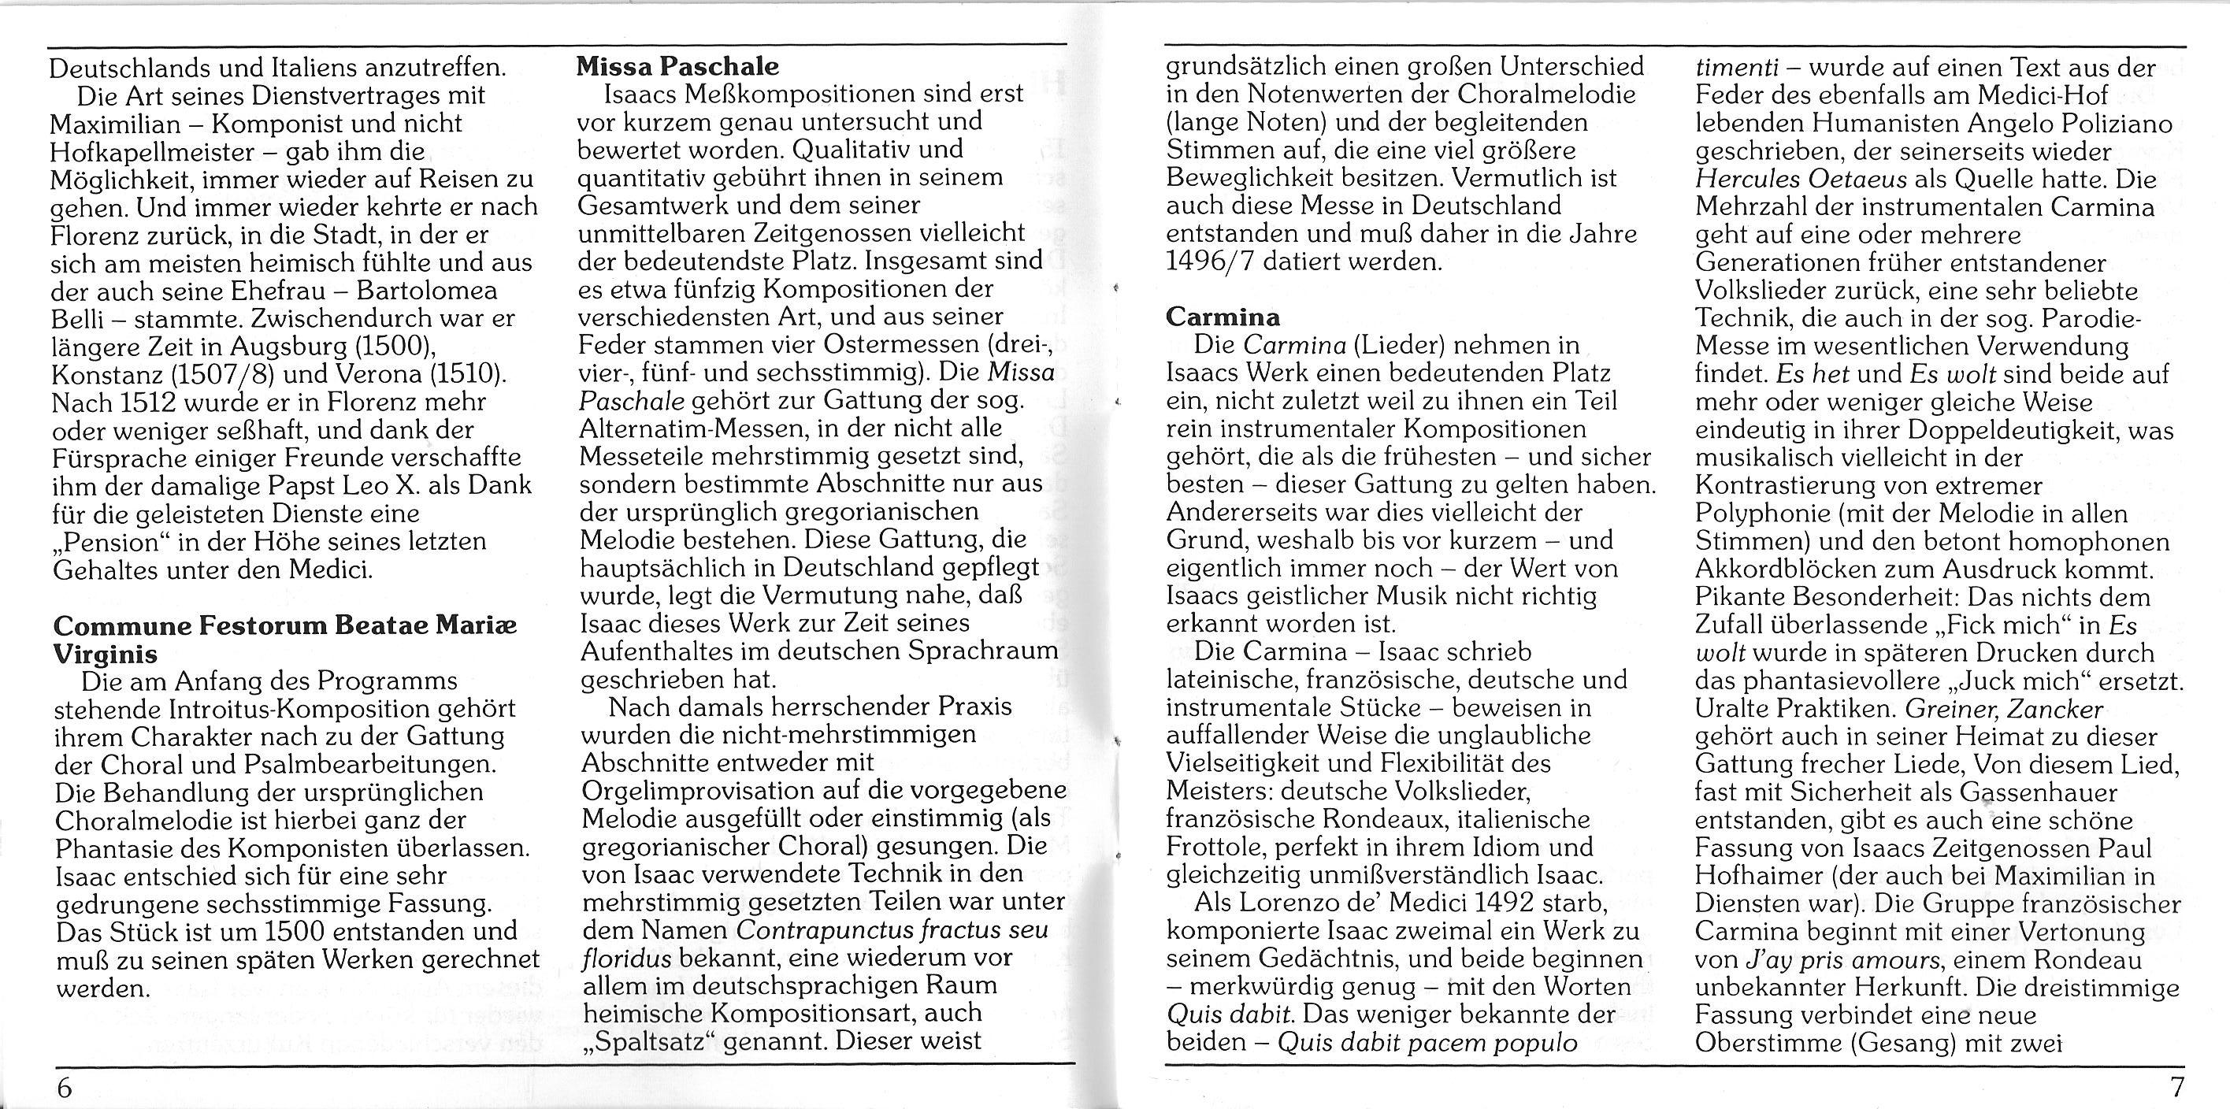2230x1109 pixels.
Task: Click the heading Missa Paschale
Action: [x=678, y=66]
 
